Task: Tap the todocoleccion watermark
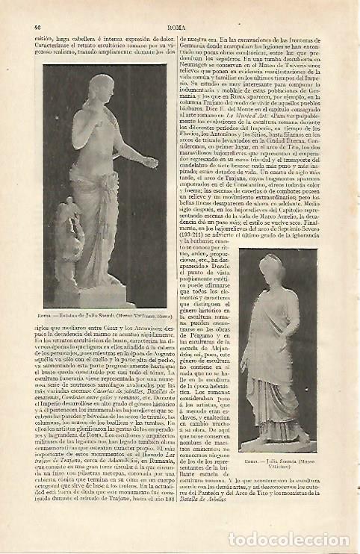(278, 538)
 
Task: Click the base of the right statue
(277, 444)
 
